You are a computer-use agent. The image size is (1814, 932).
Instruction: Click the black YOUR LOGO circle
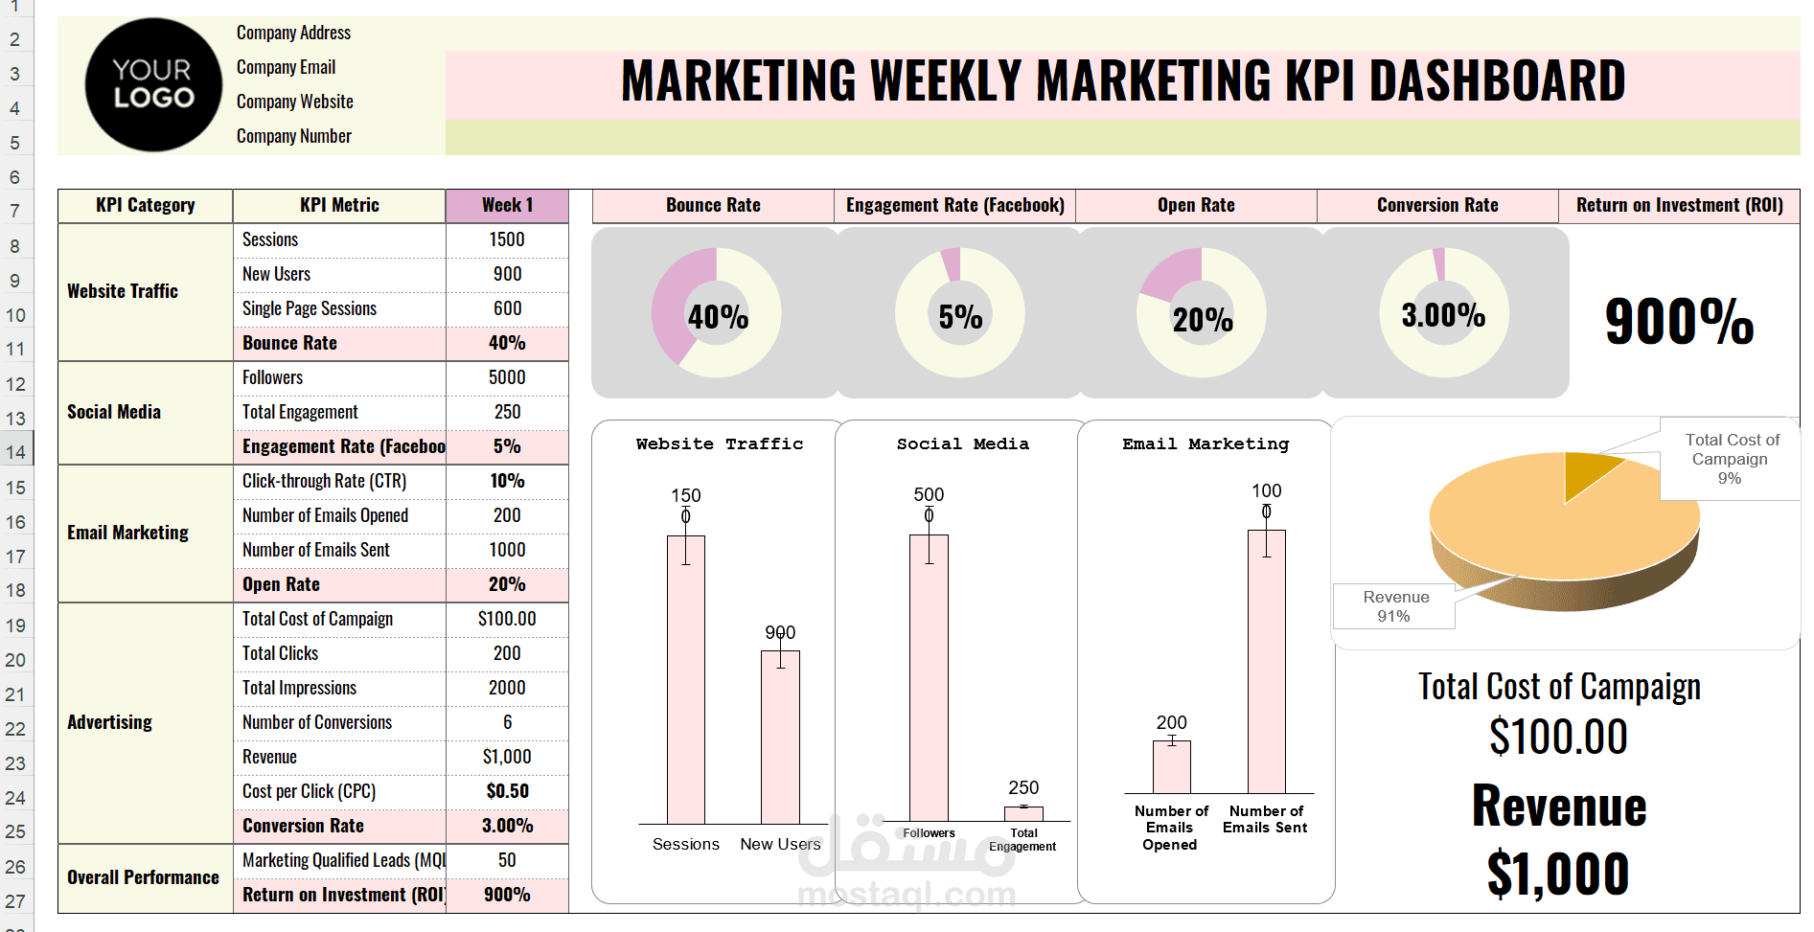pos(153,84)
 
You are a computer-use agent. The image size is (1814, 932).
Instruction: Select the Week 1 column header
pos(507,205)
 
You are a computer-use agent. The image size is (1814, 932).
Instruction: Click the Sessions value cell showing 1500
pos(507,239)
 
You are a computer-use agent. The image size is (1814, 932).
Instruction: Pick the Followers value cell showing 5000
pos(507,377)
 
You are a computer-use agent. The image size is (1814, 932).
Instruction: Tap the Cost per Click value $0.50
pos(507,791)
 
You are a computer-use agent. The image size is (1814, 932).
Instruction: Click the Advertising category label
pos(110,722)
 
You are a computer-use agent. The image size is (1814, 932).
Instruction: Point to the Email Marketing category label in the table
pos(127,533)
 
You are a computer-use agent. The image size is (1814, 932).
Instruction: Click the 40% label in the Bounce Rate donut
pos(718,316)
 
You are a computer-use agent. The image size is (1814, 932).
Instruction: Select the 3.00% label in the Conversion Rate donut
pos(1443,314)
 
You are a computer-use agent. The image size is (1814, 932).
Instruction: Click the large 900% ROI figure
pos(1679,321)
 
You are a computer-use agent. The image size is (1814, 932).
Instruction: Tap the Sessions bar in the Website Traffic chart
pos(686,680)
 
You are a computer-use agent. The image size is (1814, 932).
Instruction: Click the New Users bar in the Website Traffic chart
pos(780,738)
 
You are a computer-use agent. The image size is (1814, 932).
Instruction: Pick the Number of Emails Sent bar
pos(1266,661)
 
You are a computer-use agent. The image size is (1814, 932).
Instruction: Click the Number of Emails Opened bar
pos(1171,766)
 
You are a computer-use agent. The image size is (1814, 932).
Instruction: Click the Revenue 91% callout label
pos(1395,606)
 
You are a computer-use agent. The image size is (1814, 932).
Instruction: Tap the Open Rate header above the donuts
pos(1196,205)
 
